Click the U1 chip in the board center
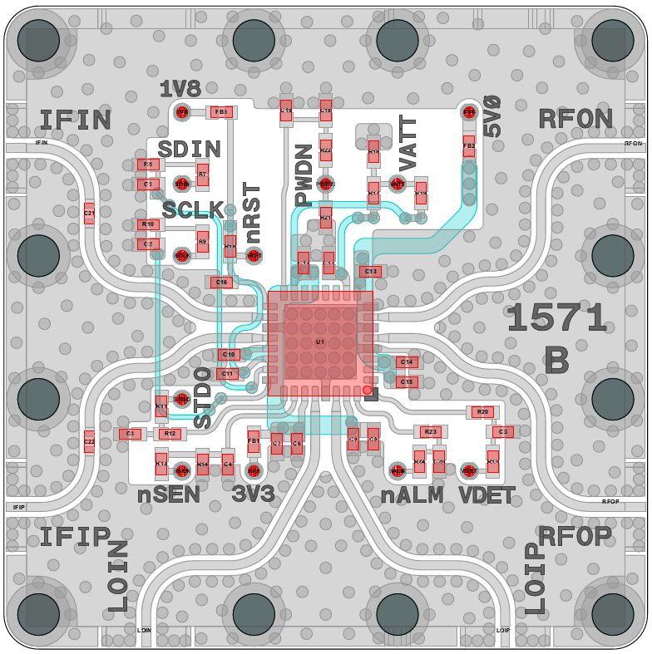click(x=320, y=342)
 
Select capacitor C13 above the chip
click(x=370, y=272)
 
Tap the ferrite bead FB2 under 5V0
click(x=469, y=146)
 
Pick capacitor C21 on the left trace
click(x=89, y=214)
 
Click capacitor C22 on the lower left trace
click(x=89, y=441)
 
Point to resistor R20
click(x=482, y=412)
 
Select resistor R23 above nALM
click(x=429, y=431)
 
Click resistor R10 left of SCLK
click(x=148, y=224)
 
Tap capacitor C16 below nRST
click(x=221, y=283)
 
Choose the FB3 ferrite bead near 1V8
click(x=221, y=111)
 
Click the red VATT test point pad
click(x=398, y=184)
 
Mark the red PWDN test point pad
click(x=326, y=184)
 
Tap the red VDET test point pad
click(x=468, y=470)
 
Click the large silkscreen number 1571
click(x=556, y=318)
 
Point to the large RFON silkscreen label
click(x=575, y=120)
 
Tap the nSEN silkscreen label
click(x=169, y=496)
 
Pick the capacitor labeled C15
click(x=407, y=381)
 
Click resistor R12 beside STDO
click(x=170, y=434)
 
